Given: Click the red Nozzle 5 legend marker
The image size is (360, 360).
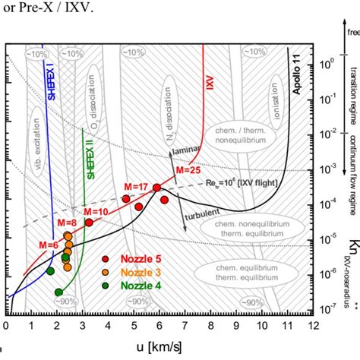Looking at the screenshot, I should pos(106,259).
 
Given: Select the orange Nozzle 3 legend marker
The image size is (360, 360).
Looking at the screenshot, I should pos(106,272).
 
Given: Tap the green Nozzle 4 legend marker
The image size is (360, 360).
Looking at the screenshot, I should pos(106,286).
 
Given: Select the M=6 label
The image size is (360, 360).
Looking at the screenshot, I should pos(49,244).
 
